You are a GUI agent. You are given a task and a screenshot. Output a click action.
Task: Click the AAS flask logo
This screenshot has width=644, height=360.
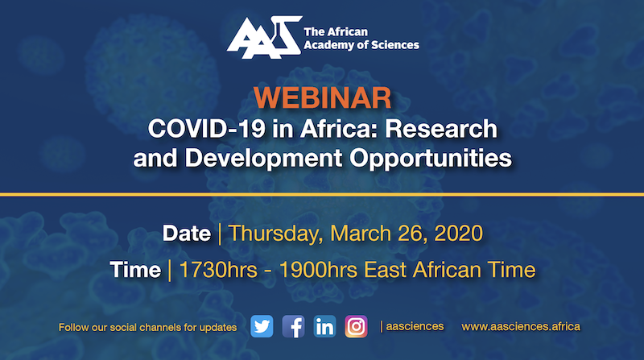point(265,37)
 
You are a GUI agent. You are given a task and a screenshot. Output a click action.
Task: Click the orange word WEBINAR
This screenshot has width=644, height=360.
point(323,98)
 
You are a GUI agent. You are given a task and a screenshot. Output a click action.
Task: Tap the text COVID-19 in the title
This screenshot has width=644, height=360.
point(207,129)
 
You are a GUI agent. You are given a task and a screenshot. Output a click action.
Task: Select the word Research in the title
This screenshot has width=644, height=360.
point(441,129)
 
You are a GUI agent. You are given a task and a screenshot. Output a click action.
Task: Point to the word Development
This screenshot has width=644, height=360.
point(264,159)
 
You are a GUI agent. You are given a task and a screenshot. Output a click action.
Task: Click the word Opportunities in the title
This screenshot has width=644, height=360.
point(431,159)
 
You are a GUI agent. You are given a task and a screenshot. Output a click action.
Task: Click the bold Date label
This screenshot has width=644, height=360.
point(187,234)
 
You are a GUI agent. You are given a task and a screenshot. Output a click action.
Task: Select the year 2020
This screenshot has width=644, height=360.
point(458,234)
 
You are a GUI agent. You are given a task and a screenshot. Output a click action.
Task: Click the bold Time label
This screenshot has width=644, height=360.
point(135,270)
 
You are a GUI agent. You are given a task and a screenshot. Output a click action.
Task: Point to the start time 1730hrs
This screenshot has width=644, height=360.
point(218,270)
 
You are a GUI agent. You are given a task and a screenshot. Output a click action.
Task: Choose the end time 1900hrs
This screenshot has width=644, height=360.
point(318,270)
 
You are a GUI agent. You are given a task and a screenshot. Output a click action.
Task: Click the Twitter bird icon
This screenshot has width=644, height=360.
point(262,326)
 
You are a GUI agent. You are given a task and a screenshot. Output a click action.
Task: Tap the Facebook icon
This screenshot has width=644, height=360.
point(293,326)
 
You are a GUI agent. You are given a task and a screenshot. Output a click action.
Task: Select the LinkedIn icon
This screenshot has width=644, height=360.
point(324,326)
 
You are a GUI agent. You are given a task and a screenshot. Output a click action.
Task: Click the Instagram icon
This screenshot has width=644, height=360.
point(356,326)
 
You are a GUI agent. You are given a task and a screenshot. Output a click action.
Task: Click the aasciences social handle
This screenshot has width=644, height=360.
point(415,326)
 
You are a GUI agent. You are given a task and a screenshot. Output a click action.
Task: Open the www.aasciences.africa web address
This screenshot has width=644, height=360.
point(521,327)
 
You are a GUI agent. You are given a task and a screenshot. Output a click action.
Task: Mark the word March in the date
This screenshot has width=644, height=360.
point(361,234)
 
